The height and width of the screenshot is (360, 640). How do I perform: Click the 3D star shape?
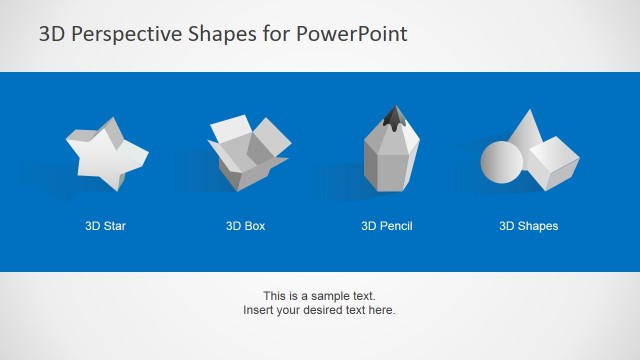pos(105,153)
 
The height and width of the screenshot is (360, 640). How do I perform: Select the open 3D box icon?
pos(247,153)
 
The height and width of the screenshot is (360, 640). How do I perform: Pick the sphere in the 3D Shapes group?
pos(502,161)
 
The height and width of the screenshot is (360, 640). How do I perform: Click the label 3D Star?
pos(105,226)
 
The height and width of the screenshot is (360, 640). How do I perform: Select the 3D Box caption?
pos(246,226)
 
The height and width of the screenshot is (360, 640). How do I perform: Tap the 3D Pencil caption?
pos(387,226)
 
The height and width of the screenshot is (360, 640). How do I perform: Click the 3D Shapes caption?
pos(529,226)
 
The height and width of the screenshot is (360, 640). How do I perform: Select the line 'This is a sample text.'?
pos(319,296)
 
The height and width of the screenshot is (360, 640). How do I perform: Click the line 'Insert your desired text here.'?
pos(319,310)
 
